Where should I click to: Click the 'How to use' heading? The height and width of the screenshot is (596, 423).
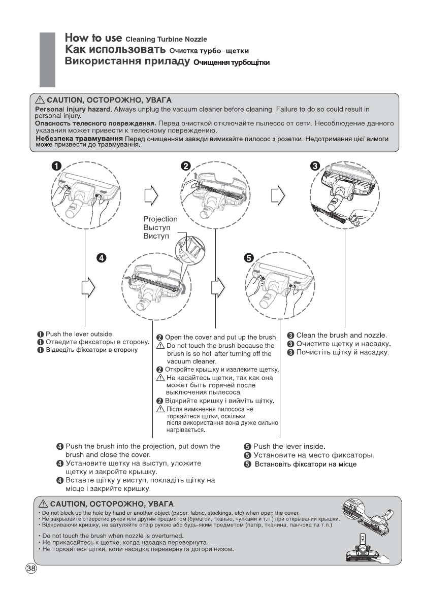coord(93,38)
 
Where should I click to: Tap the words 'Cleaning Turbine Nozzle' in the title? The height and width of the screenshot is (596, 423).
coord(166,40)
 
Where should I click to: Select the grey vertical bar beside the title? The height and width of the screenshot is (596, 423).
coord(47,60)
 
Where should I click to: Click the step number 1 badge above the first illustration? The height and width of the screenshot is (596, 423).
coord(56,167)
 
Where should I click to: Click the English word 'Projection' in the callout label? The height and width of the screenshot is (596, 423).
coord(160,219)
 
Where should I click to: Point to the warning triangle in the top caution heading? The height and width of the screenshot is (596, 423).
coord(41,100)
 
